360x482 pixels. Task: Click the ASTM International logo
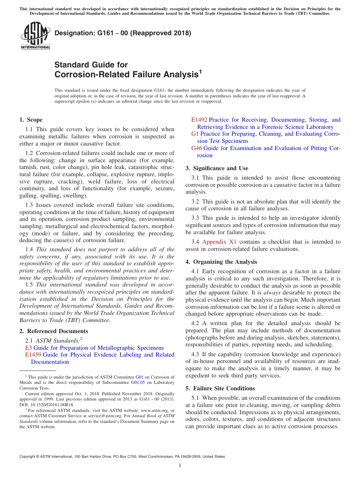[35, 36]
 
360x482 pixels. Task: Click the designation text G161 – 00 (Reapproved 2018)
[123, 33]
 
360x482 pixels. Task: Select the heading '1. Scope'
[31, 120]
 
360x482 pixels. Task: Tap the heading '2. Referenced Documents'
[54, 331]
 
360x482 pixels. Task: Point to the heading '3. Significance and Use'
[217, 168]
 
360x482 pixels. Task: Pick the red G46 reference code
[197, 148]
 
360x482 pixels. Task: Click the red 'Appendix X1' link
[219, 242]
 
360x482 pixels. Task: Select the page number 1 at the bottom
[180, 466]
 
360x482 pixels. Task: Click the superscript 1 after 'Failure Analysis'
[200, 71]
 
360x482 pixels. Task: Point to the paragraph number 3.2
[196, 202]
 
